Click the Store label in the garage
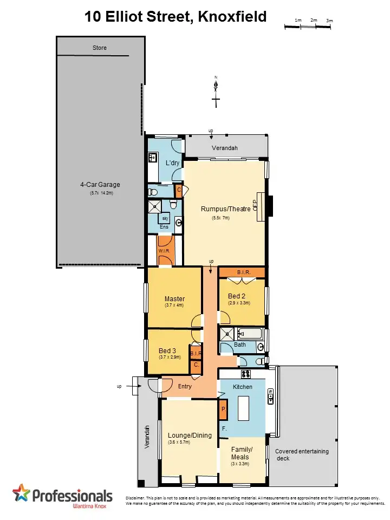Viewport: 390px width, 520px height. [x=100, y=48]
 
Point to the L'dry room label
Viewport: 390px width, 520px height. [x=172, y=163]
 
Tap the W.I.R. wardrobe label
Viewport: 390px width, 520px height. [x=165, y=251]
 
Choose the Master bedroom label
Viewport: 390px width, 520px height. [x=175, y=298]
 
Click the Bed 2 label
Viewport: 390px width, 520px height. [x=237, y=296]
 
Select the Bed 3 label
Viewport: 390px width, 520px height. [x=168, y=350]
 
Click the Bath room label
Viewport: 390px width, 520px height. [x=240, y=345]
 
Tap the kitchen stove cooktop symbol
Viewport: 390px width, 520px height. [x=245, y=374]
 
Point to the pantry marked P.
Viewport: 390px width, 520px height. [x=223, y=410]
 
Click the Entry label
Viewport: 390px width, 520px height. [x=185, y=386]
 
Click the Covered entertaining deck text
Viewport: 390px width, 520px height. [x=302, y=454]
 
